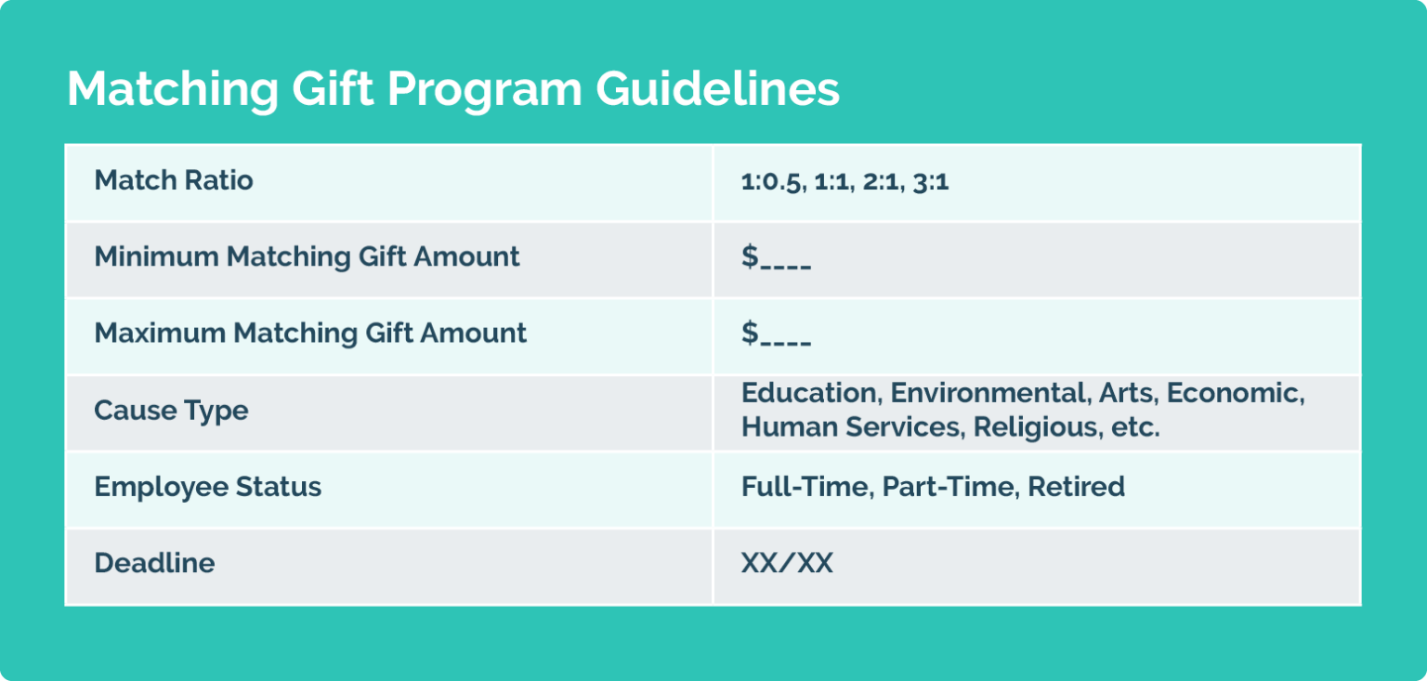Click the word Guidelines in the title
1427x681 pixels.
click(717, 90)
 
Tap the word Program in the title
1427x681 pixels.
click(484, 90)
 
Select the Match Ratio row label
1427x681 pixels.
click(174, 180)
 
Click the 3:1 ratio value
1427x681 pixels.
click(930, 182)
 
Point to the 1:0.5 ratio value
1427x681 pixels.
click(771, 182)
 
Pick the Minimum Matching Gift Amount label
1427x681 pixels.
click(307, 256)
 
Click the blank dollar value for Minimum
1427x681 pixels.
click(776, 257)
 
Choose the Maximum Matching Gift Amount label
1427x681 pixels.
click(310, 333)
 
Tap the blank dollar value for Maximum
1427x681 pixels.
click(776, 334)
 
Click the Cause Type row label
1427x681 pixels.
click(171, 410)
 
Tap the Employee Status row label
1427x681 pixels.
click(208, 487)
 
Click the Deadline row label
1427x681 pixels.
click(154, 563)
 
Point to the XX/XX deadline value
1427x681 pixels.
click(787, 563)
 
